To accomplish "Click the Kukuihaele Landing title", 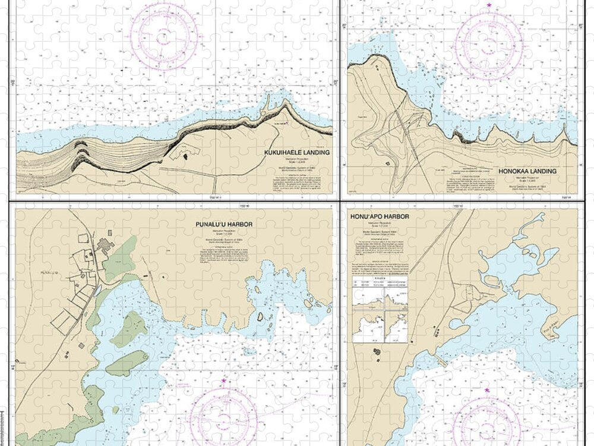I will (x=296, y=152).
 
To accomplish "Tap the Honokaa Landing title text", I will (x=527, y=171).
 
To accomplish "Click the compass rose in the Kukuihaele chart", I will (x=160, y=33).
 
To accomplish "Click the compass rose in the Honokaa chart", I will (x=488, y=45).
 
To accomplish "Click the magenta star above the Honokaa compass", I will (x=489, y=5).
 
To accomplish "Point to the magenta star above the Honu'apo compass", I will (x=487, y=390).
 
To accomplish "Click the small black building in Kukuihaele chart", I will (x=184, y=156).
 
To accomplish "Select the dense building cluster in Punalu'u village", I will (x=106, y=244).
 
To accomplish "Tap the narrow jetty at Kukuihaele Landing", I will (x=268, y=115).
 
